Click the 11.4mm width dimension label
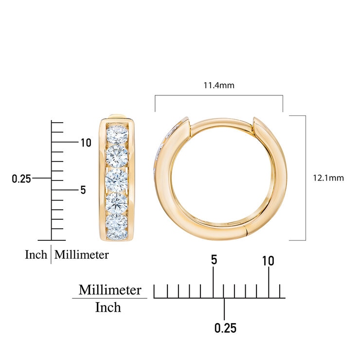click(x=219, y=85)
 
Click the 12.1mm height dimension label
click(x=328, y=178)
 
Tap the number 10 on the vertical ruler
click(x=86, y=143)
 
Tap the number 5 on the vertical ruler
click(x=83, y=190)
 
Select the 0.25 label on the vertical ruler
click(x=21, y=179)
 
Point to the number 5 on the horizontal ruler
click(x=214, y=260)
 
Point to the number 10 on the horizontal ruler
click(x=268, y=261)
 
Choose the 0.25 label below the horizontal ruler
click(x=225, y=328)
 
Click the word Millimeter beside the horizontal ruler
click(x=110, y=290)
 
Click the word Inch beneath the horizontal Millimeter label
click(x=108, y=307)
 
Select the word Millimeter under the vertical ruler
click(x=81, y=255)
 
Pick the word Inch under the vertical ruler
click(x=36, y=255)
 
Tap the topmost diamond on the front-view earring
click(x=117, y=135)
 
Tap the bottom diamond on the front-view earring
click(x=117, y=227)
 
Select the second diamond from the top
click(x=117, y=156)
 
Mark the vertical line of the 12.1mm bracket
click(x=306, y=178)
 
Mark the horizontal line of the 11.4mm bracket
click(x=219, y=96)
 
